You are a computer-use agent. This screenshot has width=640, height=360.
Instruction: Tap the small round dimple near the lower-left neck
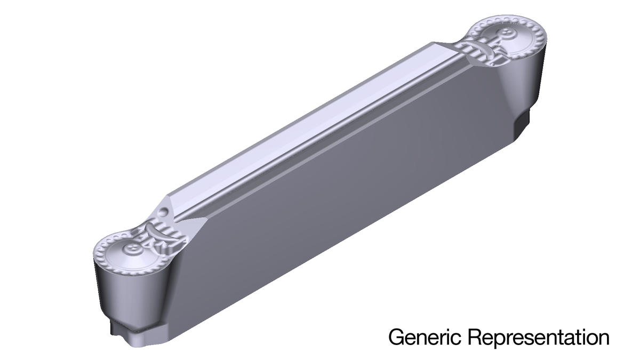click(163, 212)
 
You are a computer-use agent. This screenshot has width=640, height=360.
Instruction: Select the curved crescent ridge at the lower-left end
click(154, 230)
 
